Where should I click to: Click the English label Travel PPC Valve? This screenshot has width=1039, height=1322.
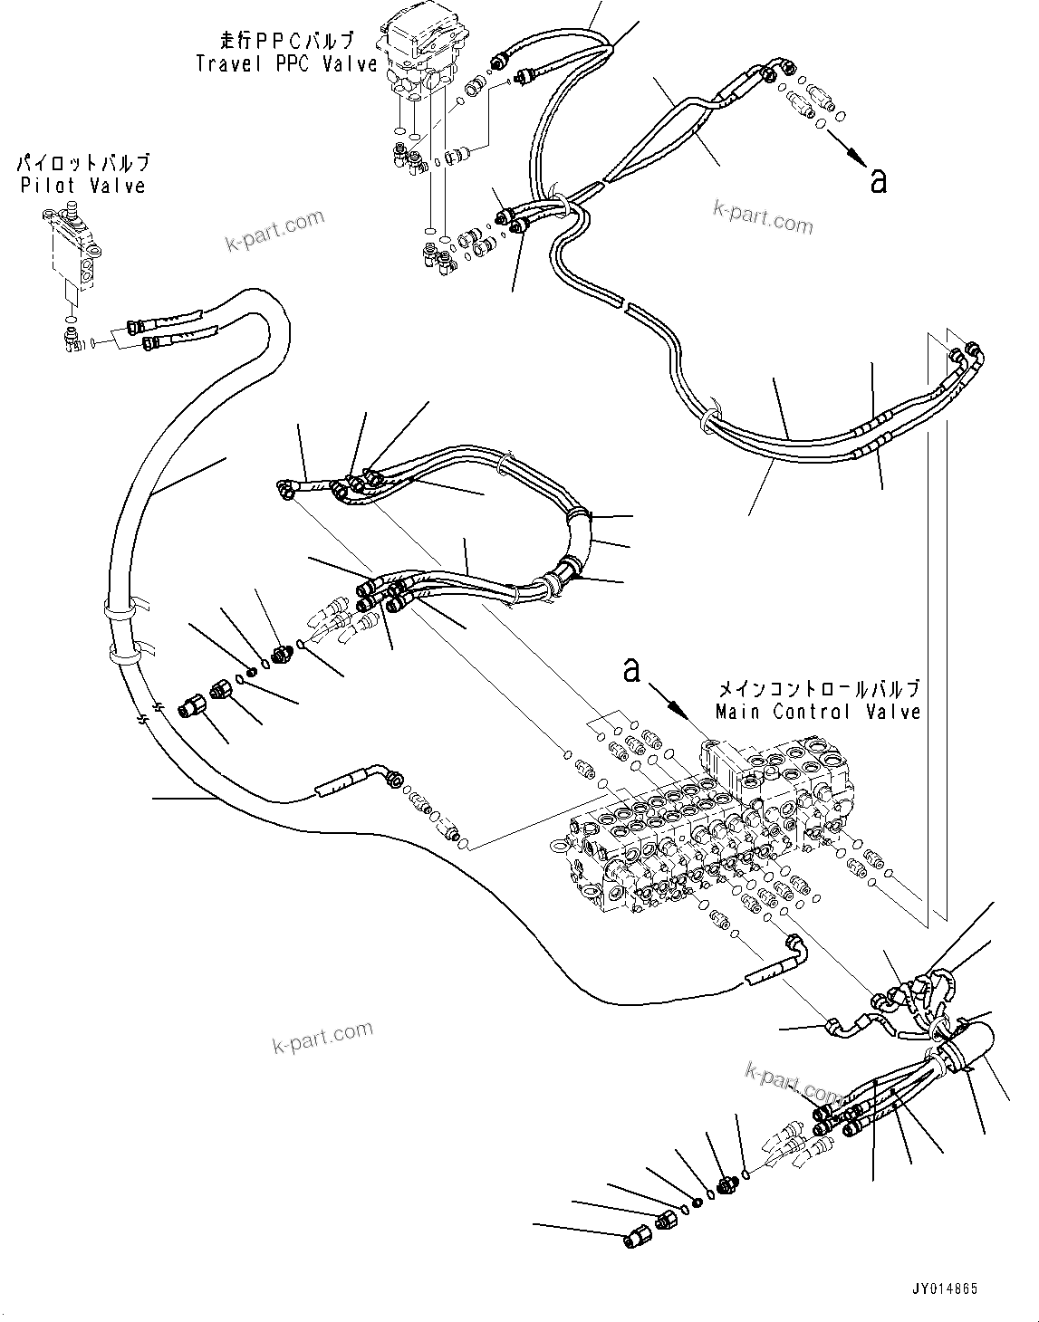(286, 63)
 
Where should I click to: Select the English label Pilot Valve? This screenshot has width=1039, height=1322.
(82, 186)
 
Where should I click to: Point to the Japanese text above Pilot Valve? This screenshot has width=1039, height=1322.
(82, 164)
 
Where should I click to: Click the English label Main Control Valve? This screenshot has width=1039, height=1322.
(817, 712)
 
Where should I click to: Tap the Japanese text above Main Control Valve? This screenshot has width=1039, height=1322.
(817, 687)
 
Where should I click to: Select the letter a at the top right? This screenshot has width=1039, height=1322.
(877, 180)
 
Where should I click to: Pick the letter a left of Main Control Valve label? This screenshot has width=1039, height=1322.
(631, 670)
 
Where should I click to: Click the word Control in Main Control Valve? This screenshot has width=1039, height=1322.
(816, 712)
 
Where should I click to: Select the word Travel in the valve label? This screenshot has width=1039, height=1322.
(225, 63)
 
